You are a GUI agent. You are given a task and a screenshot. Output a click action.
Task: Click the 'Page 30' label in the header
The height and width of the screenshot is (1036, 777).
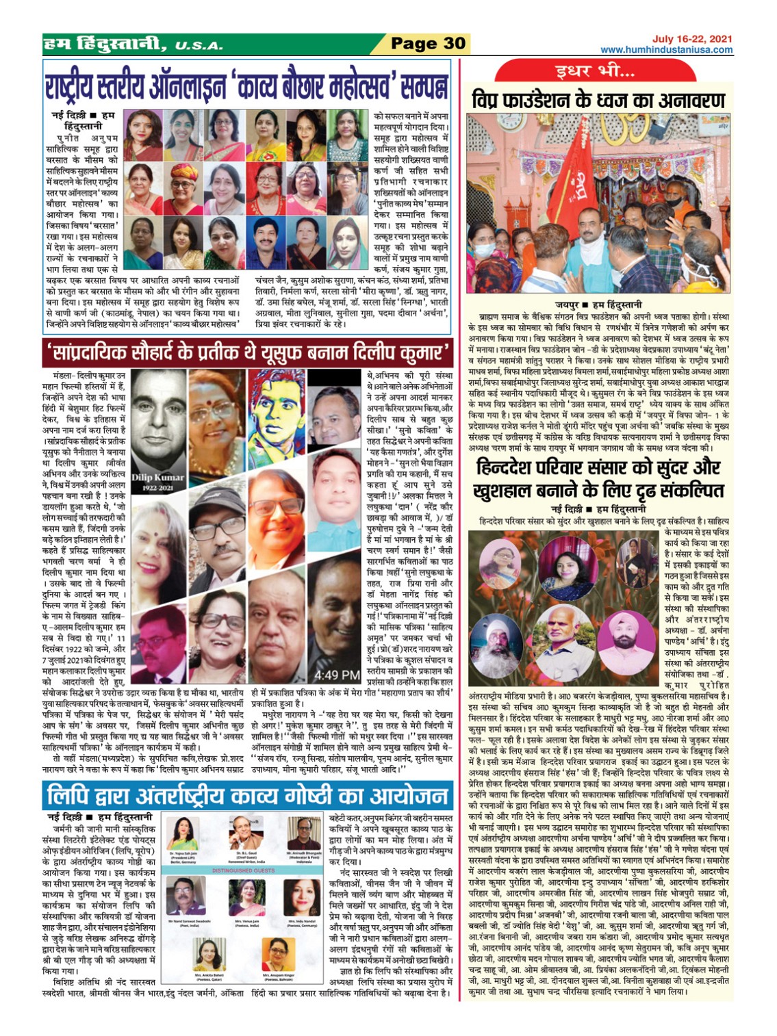click(x=428, y=44)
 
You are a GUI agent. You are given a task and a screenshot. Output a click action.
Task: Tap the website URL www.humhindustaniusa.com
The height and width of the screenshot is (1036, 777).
click(x=666, y=50)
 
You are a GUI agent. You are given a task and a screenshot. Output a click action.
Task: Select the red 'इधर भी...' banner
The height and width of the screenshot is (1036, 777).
click(x=595, y=71)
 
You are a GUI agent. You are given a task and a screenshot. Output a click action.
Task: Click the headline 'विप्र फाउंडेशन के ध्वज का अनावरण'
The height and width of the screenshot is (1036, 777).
click(x=598, y=100)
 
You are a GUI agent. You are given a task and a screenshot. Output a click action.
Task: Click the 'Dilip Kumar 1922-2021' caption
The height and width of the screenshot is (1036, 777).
click(x=157, y=481)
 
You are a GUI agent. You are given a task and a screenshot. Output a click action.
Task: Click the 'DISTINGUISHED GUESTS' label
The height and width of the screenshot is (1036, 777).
click(x=244, y=870)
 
